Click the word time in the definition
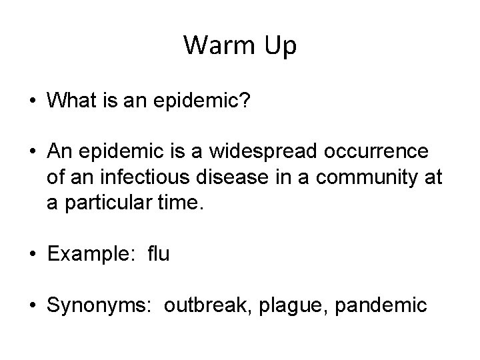point(179,202)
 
